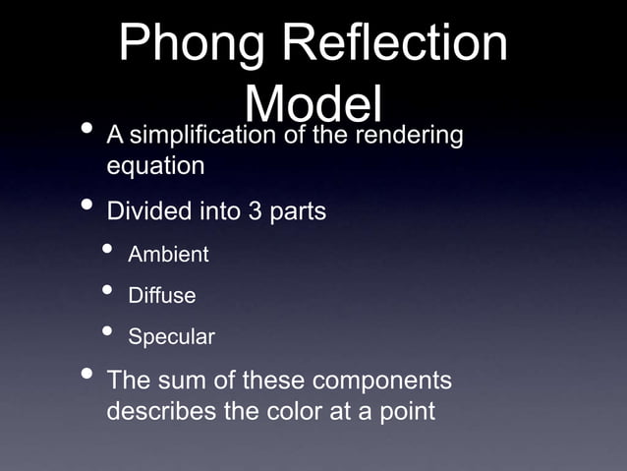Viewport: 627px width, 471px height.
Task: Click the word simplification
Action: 203,135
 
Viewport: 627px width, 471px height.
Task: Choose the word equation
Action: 155,166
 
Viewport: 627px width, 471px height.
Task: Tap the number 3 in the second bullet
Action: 256,211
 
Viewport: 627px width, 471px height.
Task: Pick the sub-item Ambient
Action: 168,255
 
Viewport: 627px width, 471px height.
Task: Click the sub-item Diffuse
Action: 162,295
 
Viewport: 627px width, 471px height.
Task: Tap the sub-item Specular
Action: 171,336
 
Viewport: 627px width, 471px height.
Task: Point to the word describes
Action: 161,410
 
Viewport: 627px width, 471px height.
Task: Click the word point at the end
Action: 404,410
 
